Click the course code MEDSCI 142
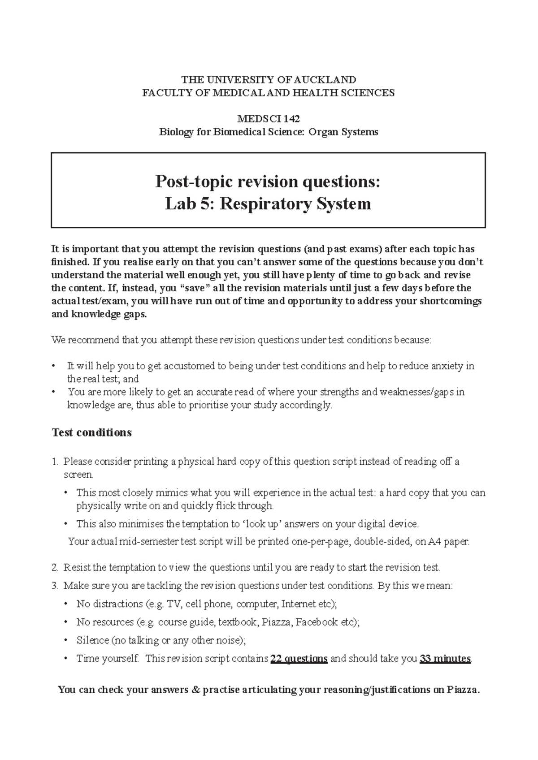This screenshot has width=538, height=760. [269, 119]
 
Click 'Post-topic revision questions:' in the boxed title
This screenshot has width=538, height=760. [268, 181]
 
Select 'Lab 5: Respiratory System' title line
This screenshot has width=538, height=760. [268, 204]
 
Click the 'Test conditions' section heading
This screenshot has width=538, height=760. [92, 432]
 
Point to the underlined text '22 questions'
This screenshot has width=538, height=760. [299, 659]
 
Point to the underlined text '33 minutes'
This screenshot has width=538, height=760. [445, 659]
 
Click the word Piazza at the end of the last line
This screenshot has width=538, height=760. [463, 690]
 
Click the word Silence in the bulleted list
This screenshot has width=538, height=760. [92, 640]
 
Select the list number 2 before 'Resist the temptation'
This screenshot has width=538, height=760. [55, 568]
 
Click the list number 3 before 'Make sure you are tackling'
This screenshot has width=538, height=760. [55, 586]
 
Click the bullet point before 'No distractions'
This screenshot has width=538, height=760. [66, 604]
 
